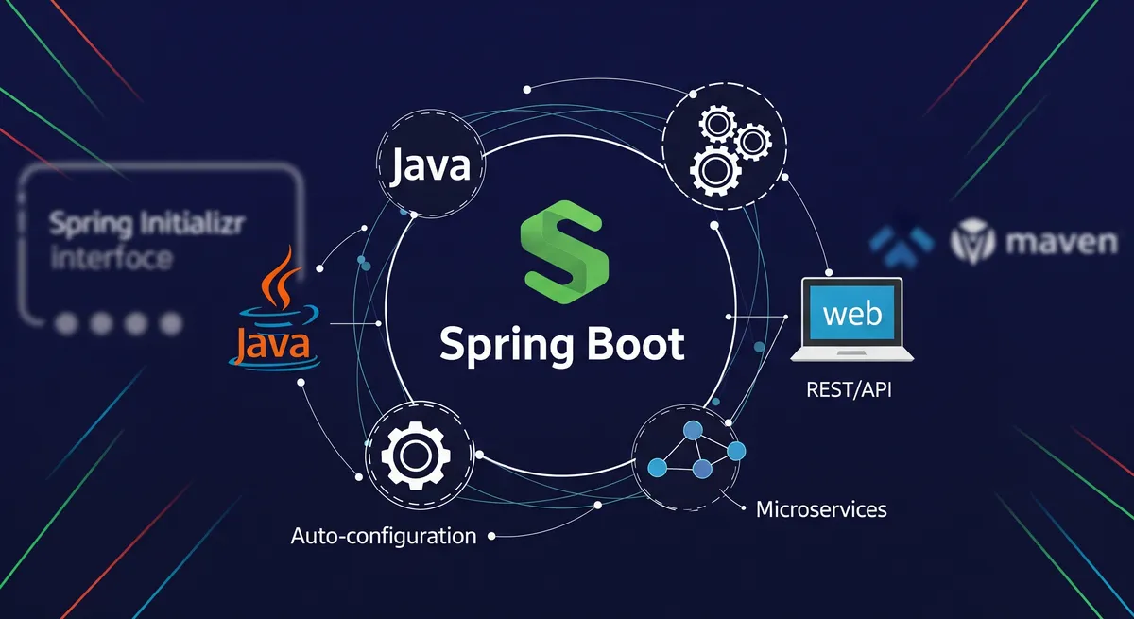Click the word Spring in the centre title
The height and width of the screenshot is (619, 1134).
tap(499, 346)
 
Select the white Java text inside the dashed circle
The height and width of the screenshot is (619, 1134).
tap(431, 167)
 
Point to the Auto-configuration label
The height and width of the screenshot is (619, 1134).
tap(384, 537)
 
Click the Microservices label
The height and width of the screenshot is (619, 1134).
tap(821, 509)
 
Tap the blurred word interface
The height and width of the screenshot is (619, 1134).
tap(112, 258)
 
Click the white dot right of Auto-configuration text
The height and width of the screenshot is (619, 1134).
tap(491, 536)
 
